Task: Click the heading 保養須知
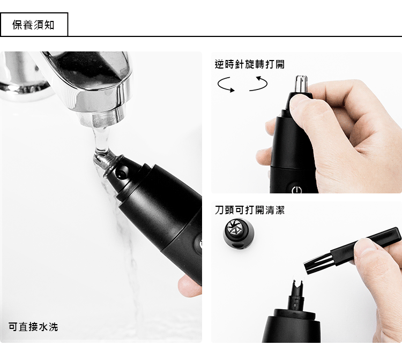[33, 25]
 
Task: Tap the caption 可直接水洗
[33, 327]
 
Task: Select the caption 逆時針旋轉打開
[250, 64]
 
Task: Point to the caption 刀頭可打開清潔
[250, 210]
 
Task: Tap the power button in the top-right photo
[296, 190]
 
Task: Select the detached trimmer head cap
[239, 234]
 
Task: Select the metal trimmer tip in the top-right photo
[301, 84]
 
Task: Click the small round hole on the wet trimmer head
[121, 175]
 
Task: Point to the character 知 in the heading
[49, 25]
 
